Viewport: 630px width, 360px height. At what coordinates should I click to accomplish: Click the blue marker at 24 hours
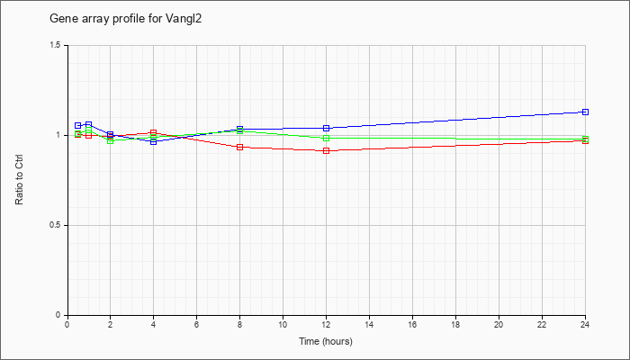(585, 112)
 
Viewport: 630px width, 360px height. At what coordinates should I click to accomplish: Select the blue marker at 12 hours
(326, 128)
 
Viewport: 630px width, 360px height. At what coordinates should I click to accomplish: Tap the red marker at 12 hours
(326, 150)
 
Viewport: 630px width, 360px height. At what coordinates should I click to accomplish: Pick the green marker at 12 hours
(326, 139)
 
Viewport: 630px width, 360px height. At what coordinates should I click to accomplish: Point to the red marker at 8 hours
(240, 147)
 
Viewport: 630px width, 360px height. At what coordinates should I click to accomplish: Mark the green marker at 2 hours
(111, 140)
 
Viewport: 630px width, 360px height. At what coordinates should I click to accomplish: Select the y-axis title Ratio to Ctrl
(19, 179)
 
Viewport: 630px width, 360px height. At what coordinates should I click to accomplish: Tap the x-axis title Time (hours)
(326, 341)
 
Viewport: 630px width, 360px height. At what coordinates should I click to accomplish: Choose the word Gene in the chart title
(60, 19)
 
